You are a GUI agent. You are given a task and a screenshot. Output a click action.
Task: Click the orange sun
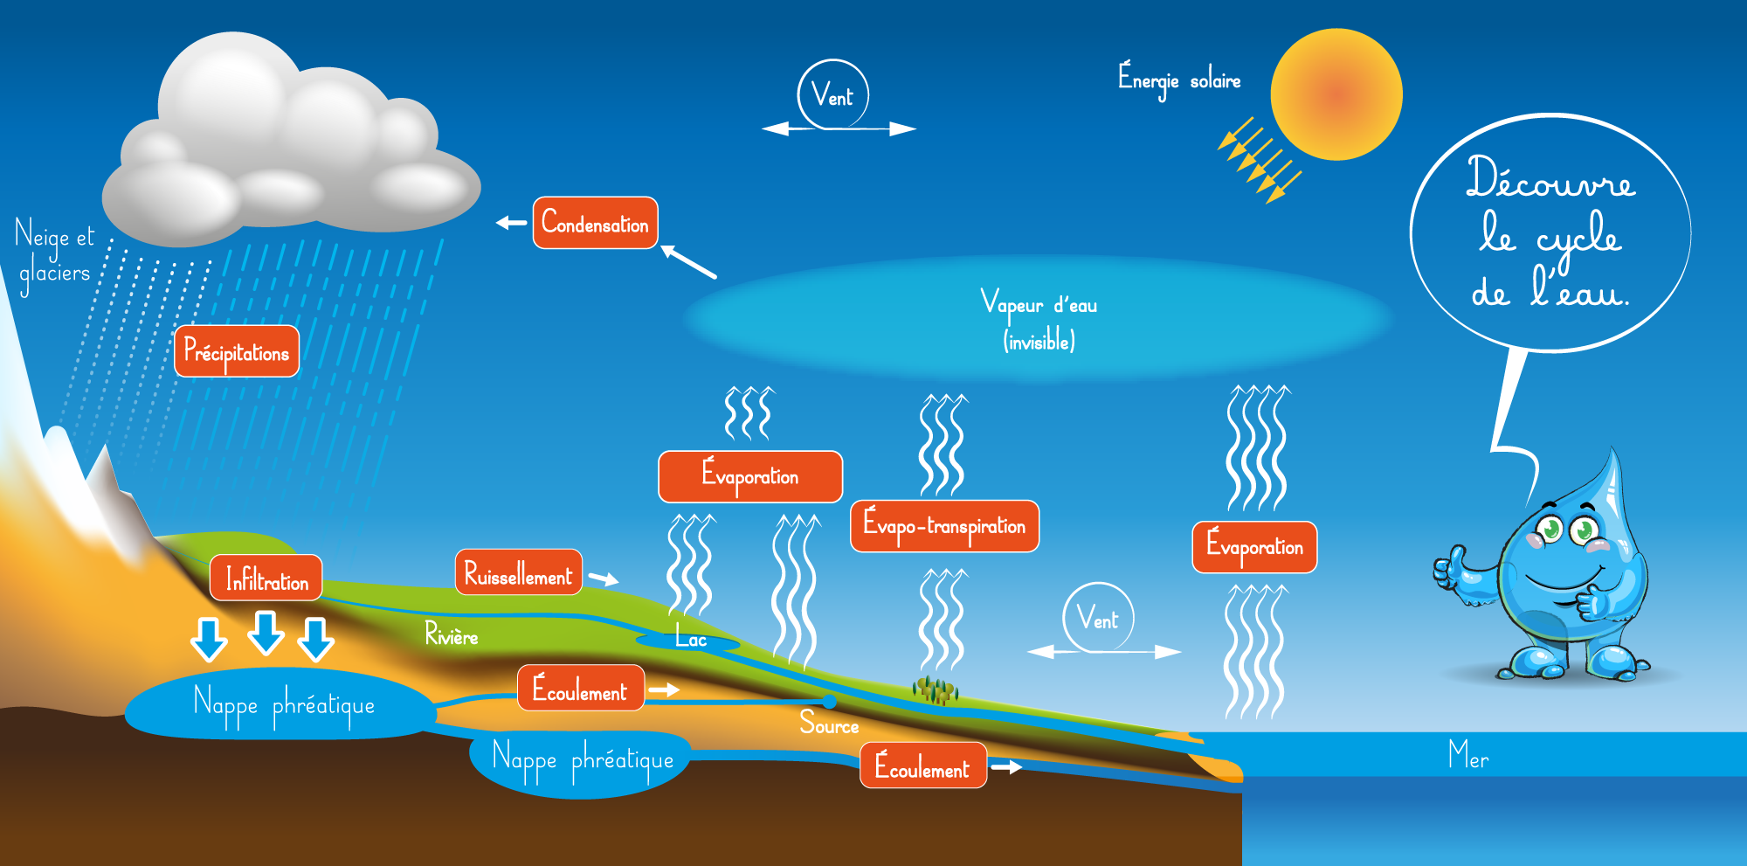point(1336,94)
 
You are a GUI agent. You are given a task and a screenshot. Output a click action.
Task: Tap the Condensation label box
point(595,223)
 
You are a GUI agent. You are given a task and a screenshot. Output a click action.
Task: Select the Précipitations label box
point(237,351)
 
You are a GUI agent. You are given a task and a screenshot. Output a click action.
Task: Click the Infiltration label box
point(266,578)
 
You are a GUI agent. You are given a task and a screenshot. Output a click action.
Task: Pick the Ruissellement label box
point(518,573)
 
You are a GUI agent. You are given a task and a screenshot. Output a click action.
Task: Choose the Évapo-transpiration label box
point(944,526)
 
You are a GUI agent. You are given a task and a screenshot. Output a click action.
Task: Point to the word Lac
point(691,640)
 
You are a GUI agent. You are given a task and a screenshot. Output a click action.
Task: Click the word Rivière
point(451,634)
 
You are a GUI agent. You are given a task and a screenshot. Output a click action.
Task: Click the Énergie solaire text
point(1179,80)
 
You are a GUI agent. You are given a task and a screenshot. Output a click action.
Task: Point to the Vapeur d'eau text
point(1039,304)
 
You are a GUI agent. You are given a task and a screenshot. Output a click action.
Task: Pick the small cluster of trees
point(936,690)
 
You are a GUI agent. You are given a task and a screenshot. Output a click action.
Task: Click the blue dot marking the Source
point(829,702)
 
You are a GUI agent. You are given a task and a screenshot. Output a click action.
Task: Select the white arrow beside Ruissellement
point(604,578)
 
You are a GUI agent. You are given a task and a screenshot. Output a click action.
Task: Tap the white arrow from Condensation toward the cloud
point(511,223)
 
